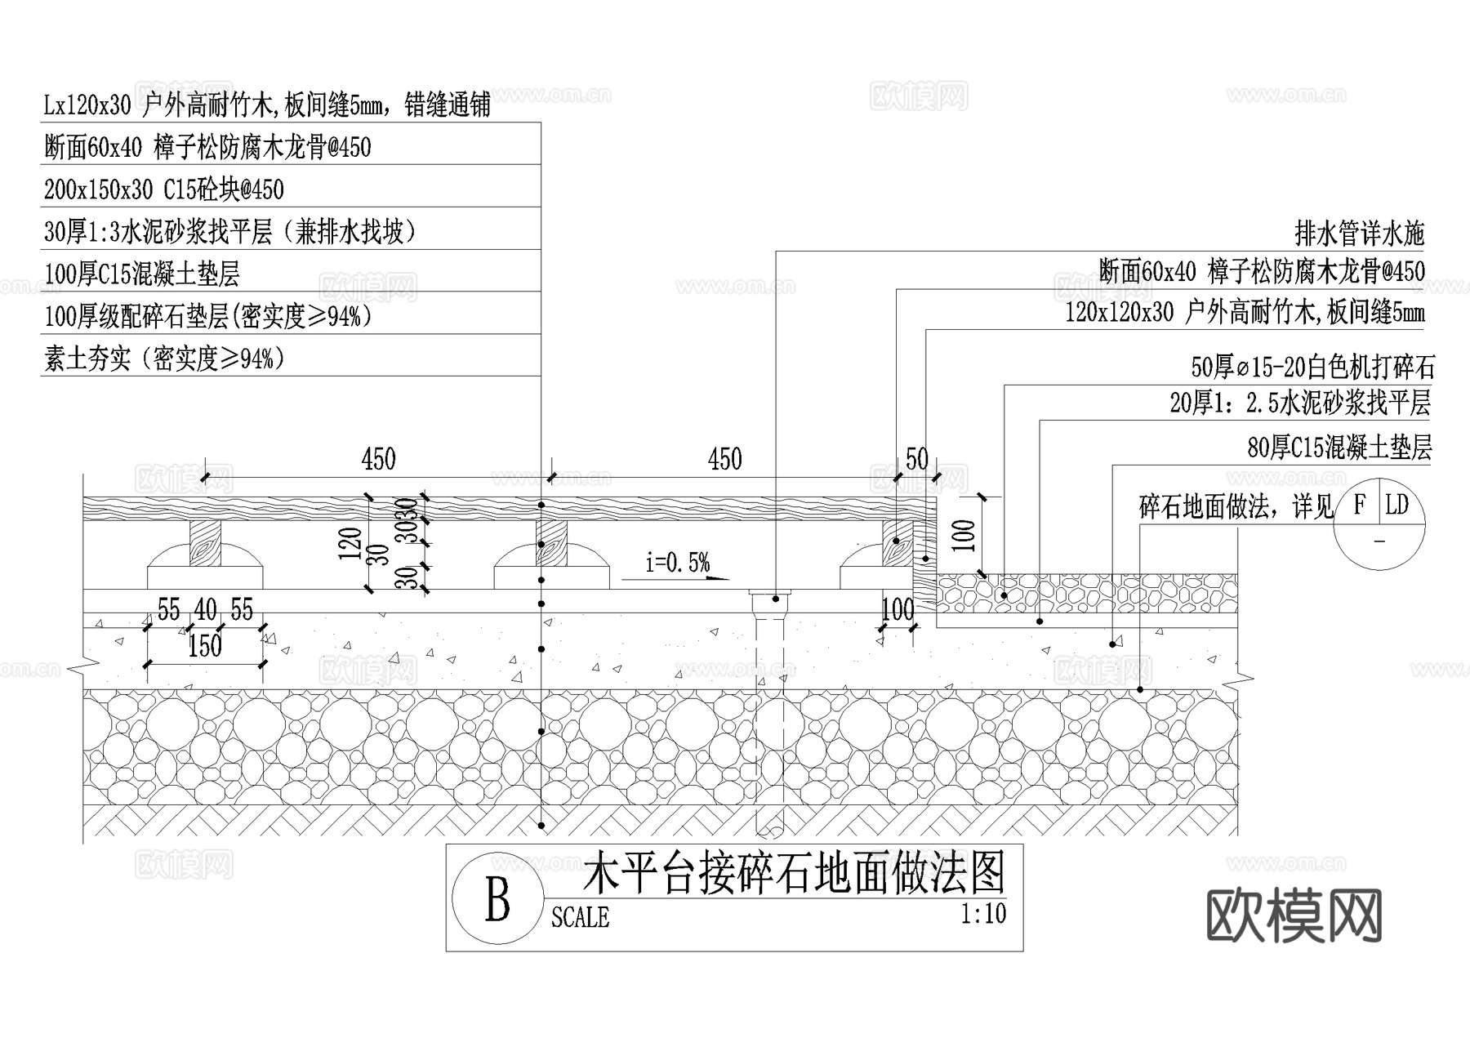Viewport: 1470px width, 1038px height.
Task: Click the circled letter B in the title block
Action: click(497, 899)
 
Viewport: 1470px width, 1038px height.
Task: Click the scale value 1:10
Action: click(983, 913)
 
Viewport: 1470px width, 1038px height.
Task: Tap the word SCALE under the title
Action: click(580, 917)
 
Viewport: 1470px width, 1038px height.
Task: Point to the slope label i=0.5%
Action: click(677, 563)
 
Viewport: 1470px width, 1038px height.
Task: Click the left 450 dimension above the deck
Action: click(378, 459)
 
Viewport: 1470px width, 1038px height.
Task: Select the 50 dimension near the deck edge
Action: click(917, 459)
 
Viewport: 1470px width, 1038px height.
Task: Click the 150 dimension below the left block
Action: click(205, 647)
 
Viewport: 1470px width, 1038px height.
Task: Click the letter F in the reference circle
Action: click(1359, 506)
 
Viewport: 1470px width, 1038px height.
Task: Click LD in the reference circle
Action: click(1397, 506)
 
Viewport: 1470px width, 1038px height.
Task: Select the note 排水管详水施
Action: click(1359, 234)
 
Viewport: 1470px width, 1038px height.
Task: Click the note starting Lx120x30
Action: click(266, 105)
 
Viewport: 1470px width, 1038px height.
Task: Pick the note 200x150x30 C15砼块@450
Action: click(164, 190)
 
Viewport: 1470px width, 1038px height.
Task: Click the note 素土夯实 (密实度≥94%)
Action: click(164, 359)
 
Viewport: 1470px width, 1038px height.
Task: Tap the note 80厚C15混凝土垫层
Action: click(1339, 448)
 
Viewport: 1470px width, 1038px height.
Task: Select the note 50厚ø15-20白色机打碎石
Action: click(1312, 368)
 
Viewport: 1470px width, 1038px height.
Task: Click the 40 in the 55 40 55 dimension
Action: click(205, 609)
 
